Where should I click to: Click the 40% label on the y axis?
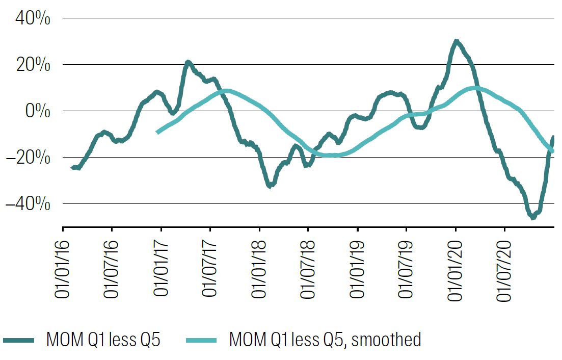[33, 18]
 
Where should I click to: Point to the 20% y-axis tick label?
[33, 65]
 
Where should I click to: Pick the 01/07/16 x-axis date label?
[112, 265]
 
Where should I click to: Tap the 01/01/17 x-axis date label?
[161, 265]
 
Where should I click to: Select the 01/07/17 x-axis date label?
[210, 265]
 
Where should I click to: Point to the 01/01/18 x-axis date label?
[259, 265]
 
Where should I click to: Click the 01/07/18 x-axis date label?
[308, 265]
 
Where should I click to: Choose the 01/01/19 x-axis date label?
[357, 265]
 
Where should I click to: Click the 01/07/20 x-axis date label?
[504, 265]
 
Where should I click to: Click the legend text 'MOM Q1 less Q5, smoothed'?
[325, 339]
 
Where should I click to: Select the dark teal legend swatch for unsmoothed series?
[19, 340]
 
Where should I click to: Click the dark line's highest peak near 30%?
[456, 41]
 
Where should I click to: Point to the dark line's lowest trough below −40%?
[533, 217]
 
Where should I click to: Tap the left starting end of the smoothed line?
[157, 132]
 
